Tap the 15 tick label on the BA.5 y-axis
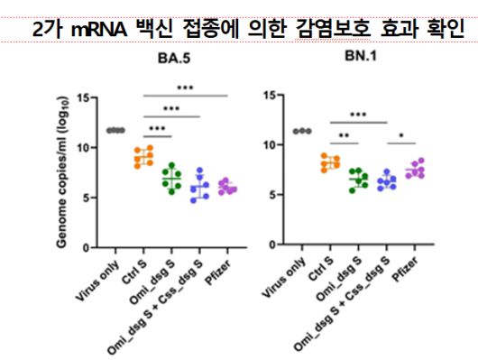82,98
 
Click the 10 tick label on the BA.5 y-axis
82,148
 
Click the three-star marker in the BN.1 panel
358,115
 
